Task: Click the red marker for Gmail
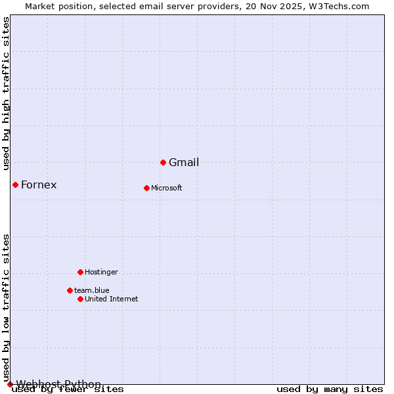click(x=163, y=162)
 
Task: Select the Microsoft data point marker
click(x=146, y=188)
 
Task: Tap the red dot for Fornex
click(x=15, y=185)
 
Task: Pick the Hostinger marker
click(x=80, y=272)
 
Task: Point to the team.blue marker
click(x=70, y=290)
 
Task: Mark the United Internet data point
click(x=80, y=299)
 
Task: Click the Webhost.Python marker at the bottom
click(x=10, y=384)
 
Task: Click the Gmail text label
click(x=184, y=163)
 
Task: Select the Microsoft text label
click(x=167, y=188)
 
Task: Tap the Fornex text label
click(x=39, y=185)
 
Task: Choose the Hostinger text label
click(x=102, y=273)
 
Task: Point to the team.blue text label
click(x=92, y=291)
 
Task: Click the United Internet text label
click(x=112, y=299)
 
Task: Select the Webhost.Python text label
click(x=58, y=384)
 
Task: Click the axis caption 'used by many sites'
click(x=330, y=389)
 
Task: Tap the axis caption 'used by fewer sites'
click(x=68, y=389)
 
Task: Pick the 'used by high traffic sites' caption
click(x=7, y=93)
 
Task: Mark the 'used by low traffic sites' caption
click(x=7, y=307)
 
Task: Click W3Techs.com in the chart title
click(x=339, y=6)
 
